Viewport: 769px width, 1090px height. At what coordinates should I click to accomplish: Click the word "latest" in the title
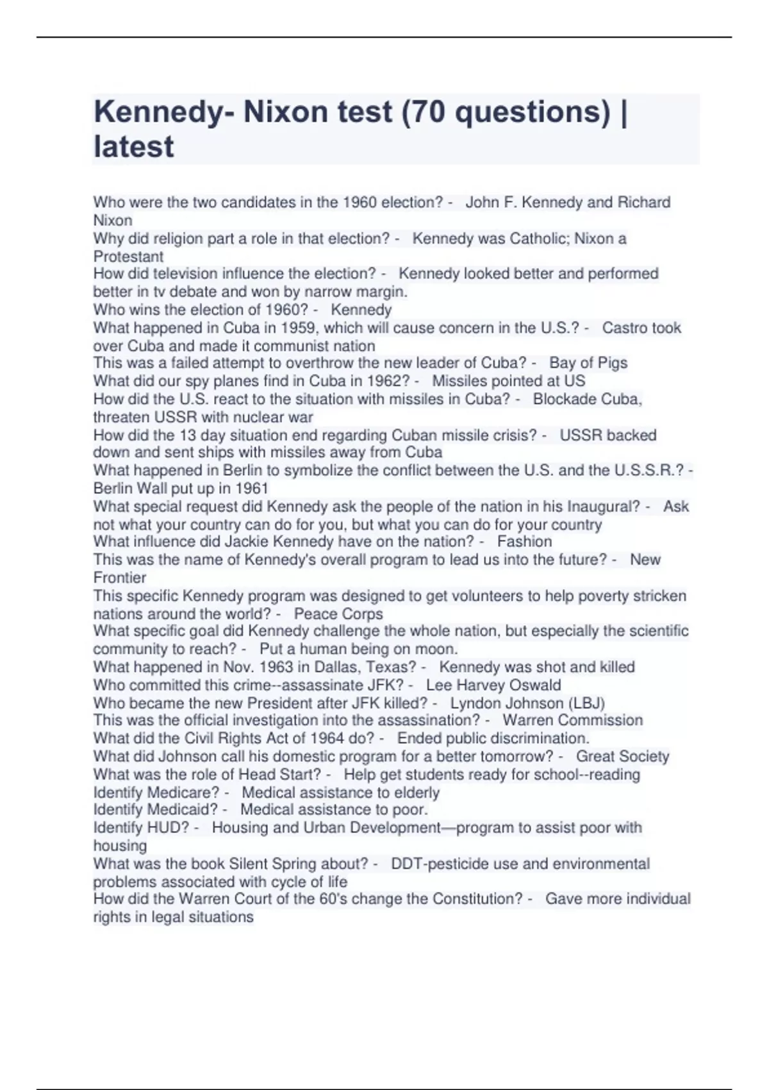(x=133, y=147)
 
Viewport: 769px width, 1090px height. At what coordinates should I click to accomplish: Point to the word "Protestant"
(x=128, y=256)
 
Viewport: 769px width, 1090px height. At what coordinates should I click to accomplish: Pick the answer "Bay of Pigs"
(x=588, y=363)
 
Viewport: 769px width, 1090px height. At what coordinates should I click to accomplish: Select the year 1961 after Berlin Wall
(x=252, y=488)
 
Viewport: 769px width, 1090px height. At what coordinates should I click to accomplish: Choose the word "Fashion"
(x=524, y=541)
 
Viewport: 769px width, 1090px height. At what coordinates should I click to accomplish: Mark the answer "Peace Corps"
(x=338, y=614)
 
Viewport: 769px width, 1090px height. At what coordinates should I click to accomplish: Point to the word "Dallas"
(x=337, y=667)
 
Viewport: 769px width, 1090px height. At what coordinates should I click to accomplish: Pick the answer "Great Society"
(x=622, y=757)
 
